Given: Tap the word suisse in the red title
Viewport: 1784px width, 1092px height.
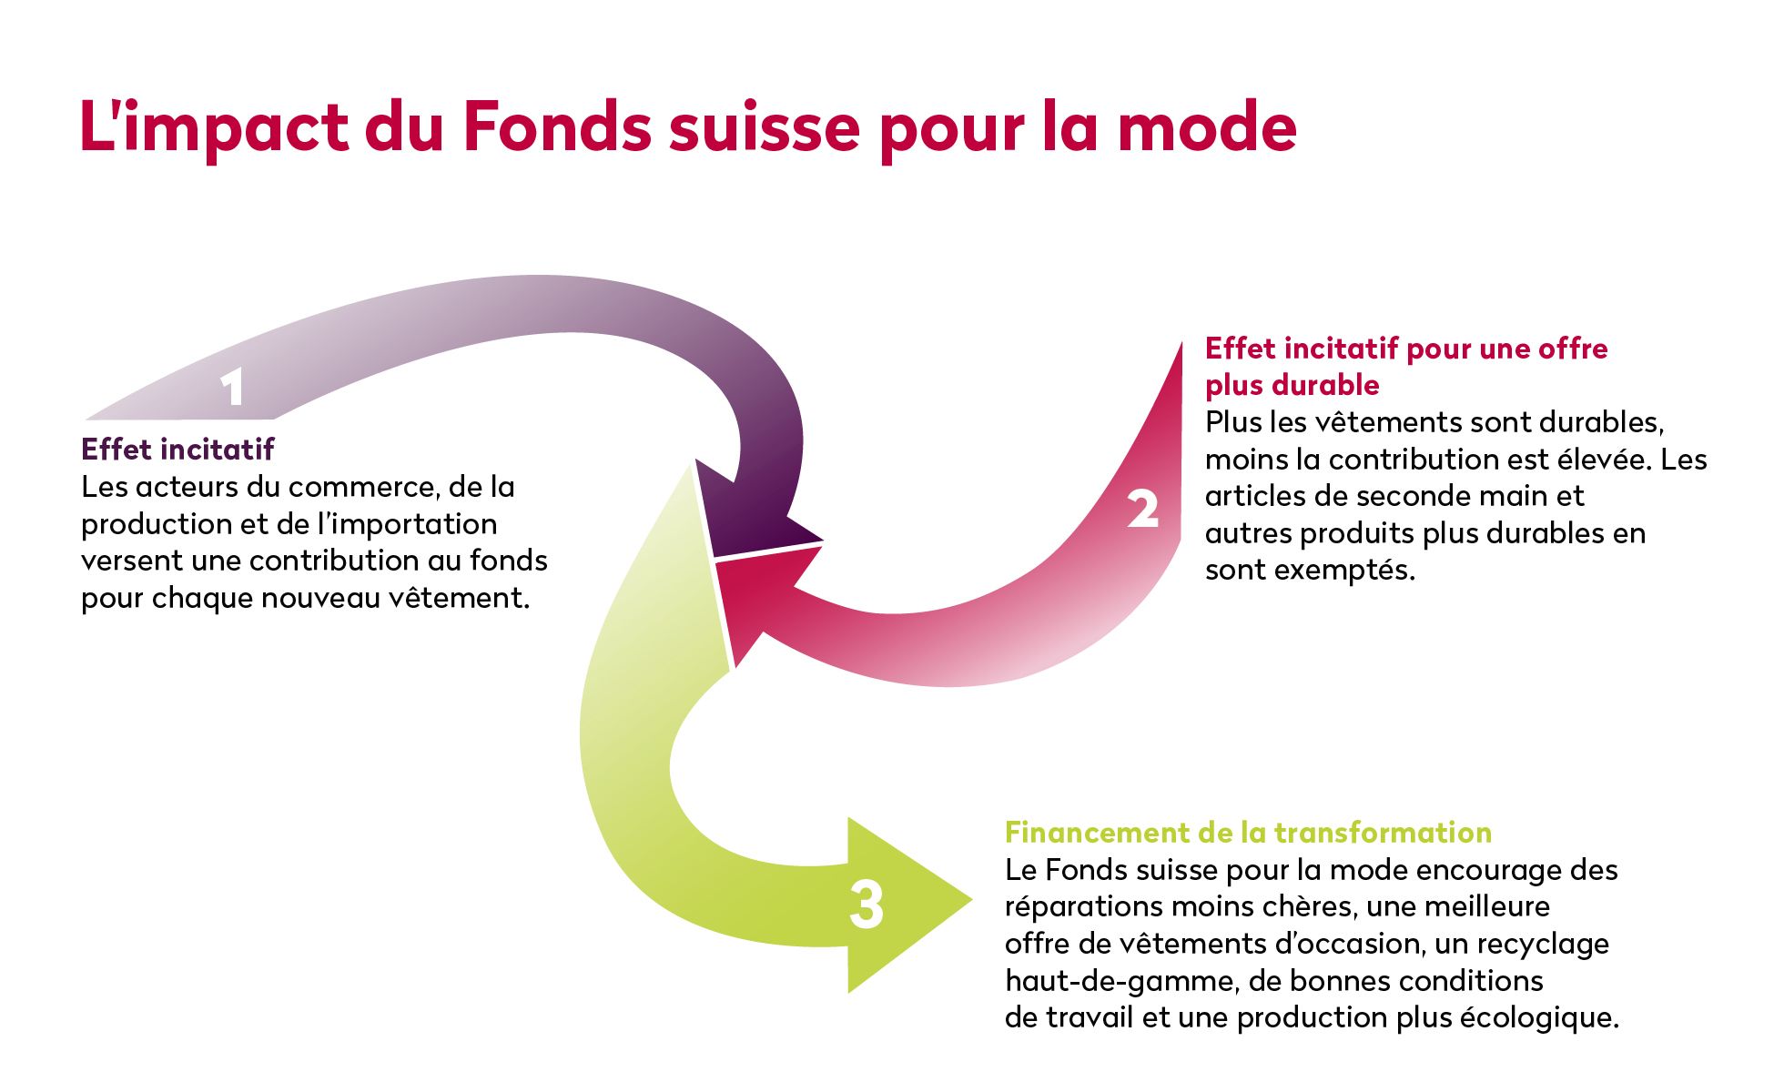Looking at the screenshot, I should [x=764, y=126].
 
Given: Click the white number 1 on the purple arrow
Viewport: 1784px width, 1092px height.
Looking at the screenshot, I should [x=233, y=389].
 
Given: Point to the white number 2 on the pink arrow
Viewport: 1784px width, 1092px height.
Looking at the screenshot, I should [x=1143, y=509].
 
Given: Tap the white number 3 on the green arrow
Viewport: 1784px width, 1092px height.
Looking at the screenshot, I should [x=867, y=905].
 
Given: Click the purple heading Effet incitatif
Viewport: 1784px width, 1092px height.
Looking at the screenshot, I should [x=177, y=449].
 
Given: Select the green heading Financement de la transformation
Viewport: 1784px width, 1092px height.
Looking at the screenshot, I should [x=1248, y=833].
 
